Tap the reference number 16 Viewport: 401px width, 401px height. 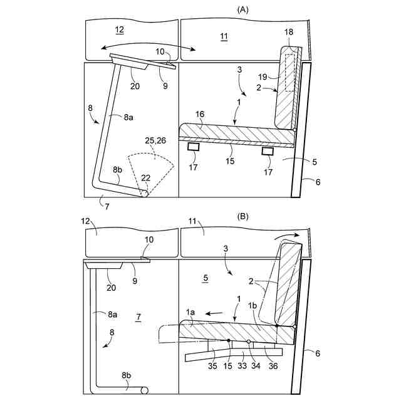[200, 115]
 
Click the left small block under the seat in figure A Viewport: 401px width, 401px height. [194, 147]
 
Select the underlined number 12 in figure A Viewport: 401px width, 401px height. [120, 29]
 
